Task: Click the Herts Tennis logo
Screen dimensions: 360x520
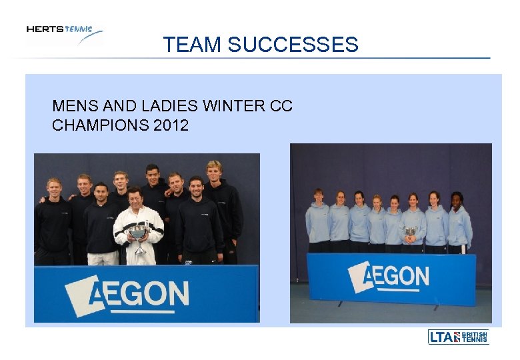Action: tap(65, 34)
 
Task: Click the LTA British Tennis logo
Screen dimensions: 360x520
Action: tap(458, 337)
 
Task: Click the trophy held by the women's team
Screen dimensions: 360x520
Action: tap(411, 231)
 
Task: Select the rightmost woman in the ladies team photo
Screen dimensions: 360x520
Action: tap(459, 221)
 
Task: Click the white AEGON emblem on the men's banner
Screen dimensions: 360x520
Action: tap(80, 294)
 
